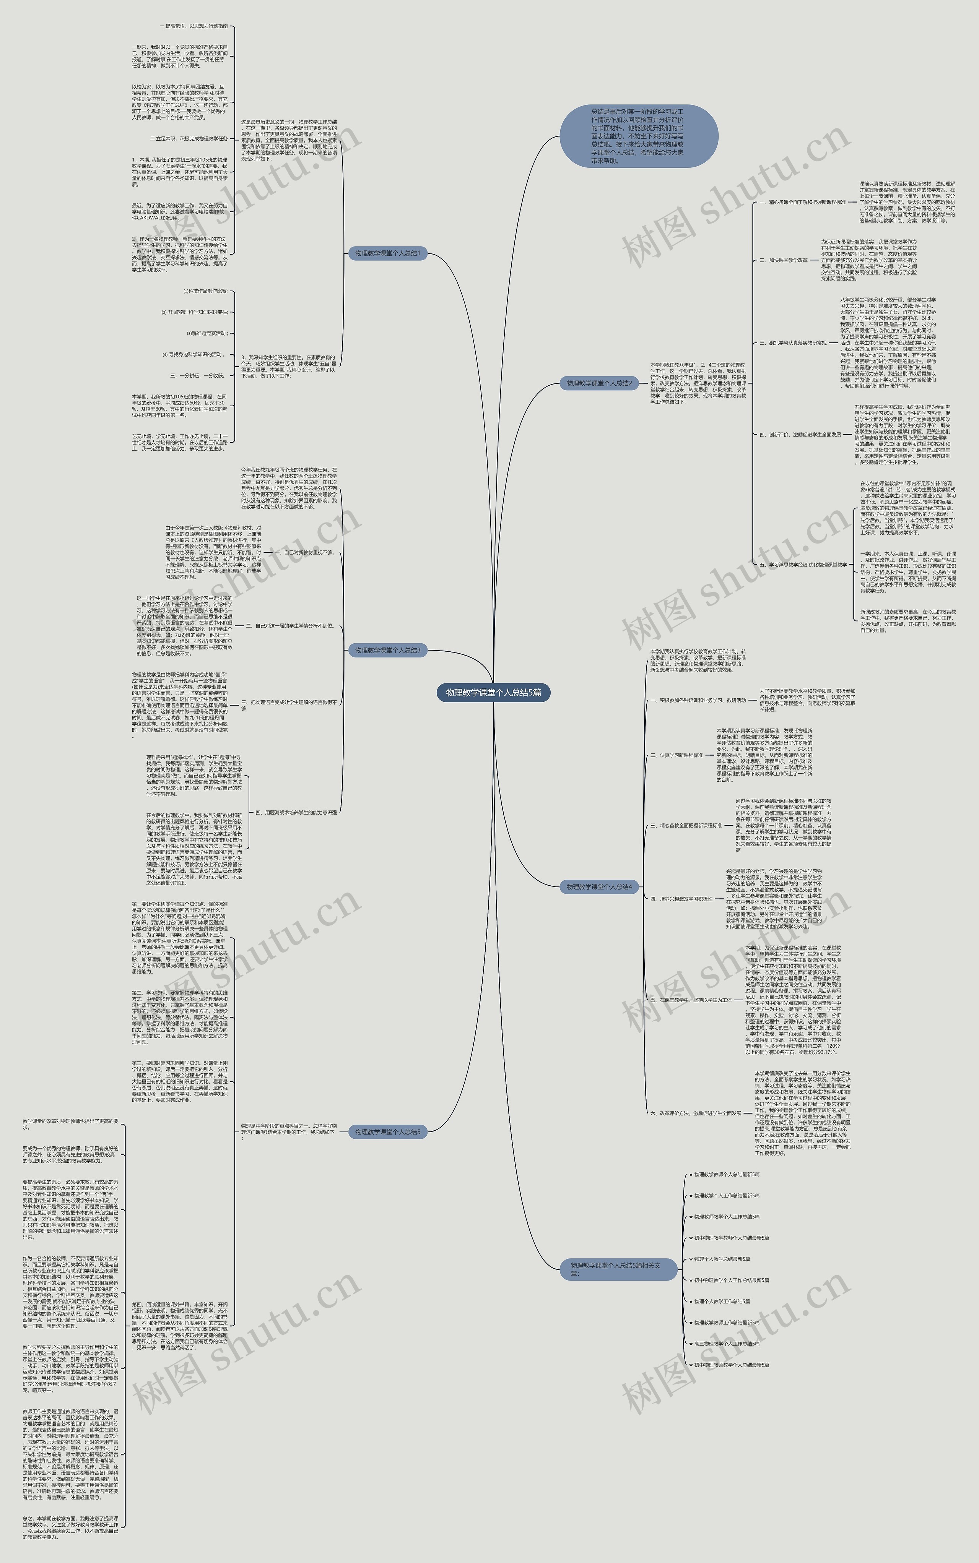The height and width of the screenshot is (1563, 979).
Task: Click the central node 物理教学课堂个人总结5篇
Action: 493,693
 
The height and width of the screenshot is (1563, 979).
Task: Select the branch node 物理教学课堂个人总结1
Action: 387,253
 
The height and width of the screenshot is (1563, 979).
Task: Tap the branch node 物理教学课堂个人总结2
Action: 599,383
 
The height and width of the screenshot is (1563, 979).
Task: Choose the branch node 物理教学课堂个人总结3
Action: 387,650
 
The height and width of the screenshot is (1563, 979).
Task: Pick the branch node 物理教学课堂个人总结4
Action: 599,887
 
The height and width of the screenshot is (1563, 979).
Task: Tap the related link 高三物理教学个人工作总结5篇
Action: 727,1344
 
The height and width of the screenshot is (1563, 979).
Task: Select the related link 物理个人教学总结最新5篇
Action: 722,1259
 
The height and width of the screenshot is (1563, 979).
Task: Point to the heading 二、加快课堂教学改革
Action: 784,260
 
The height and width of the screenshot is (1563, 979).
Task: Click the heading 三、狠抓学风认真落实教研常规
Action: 793,343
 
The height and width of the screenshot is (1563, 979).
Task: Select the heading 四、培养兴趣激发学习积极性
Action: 681,899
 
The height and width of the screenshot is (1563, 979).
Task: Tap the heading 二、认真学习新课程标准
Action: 677,755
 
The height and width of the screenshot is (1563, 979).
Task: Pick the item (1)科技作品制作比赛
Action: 205,291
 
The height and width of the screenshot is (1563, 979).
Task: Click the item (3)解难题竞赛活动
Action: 207,333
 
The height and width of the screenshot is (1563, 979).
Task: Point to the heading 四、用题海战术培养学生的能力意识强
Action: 295,812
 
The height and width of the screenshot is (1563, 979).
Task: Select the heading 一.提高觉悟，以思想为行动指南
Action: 193,26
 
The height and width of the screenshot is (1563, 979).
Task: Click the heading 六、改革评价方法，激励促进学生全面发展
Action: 695,1113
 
